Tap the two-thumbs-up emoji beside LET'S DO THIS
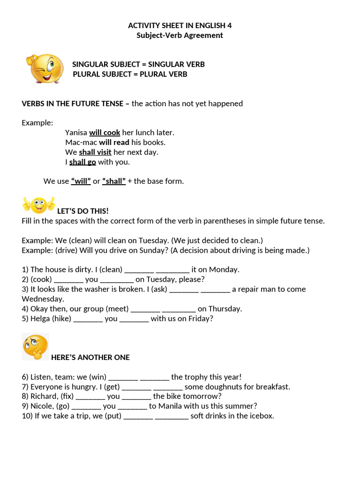38,204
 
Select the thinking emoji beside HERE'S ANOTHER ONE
35,347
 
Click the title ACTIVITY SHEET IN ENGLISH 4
180,25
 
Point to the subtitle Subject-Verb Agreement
180,35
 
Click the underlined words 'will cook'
105,133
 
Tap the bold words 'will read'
114,142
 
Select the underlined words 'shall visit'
95,152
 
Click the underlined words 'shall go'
82,162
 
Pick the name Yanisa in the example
76,133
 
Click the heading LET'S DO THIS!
82,211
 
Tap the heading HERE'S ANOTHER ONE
90,357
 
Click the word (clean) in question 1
111,270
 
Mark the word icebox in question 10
261,416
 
